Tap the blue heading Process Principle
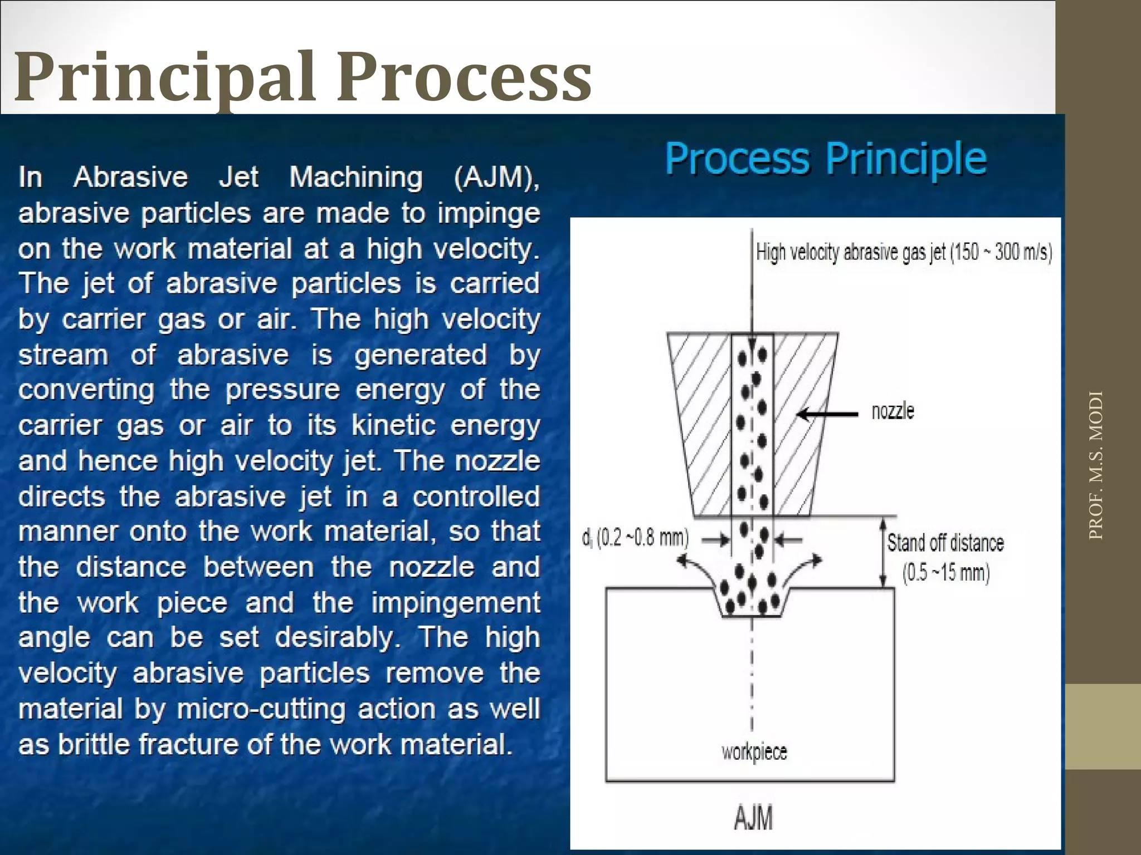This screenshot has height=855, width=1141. (826, 159)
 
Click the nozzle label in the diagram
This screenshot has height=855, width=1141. (893, 411)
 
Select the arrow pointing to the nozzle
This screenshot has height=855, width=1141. (828, 414)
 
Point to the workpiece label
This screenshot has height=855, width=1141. (754, 752)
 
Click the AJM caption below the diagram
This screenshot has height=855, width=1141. (753, 818)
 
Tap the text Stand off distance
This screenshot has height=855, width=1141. (945, 543)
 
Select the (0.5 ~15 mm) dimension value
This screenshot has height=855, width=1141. (945, 572)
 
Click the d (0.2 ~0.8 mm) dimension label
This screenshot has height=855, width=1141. (635, 538)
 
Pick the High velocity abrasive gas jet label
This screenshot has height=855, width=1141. (903, 252)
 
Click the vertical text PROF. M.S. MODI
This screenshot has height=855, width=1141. (1096, 465)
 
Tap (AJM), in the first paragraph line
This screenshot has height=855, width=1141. (496, 178)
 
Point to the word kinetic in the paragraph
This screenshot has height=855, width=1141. (393, 426)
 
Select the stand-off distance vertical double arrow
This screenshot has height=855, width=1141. (882, 552)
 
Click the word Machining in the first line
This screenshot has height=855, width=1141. (355, 178)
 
